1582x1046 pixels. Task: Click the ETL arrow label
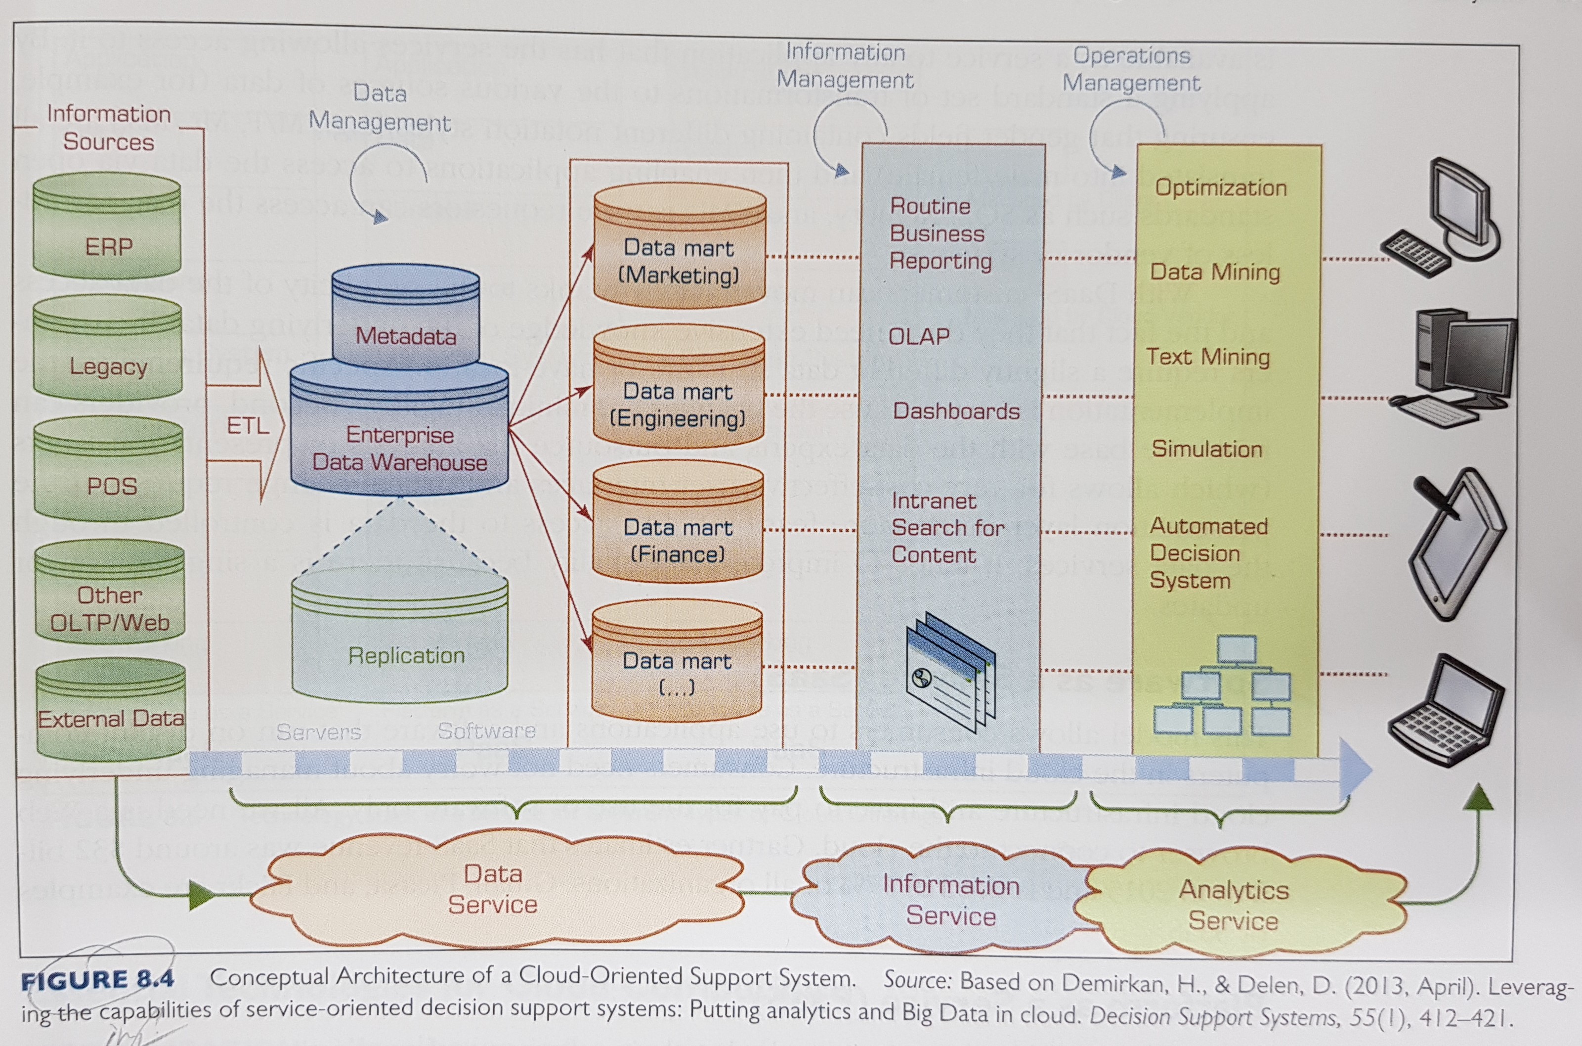pos(247,426)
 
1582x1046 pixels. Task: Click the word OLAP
pos(919,336)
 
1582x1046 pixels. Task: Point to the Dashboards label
pos(956,411)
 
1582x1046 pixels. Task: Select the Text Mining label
pos(1207,357)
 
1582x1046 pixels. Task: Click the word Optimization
pos(1221,187)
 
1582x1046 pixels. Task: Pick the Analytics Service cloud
pos(1234,905)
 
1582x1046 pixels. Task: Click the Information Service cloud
pos(951,900)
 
